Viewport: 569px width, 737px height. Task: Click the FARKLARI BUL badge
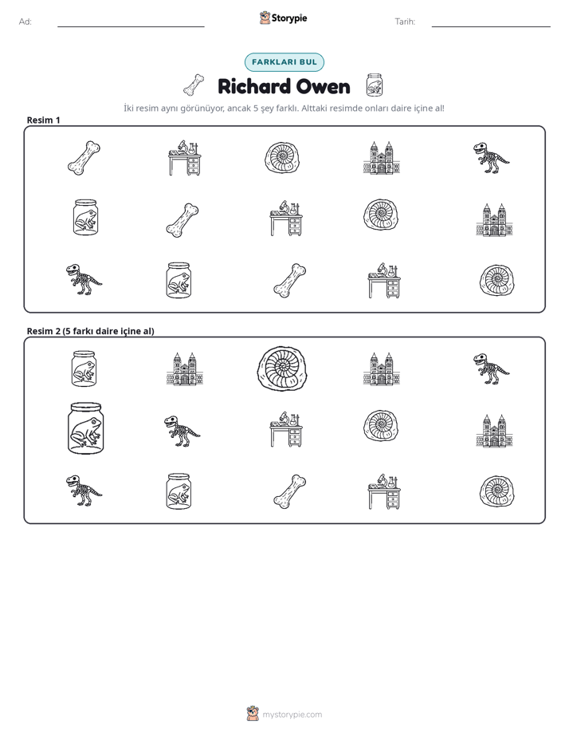click(x=284, y=62)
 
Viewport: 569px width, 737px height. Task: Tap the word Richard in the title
click(x=254, y=87)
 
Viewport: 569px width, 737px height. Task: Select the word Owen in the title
click(x=324, y=87)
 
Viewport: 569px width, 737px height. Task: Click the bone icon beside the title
click(x=194, y=85)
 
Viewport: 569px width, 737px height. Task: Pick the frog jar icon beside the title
click(x=375, y=85)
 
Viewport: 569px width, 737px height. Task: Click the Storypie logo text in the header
click(x=289, y=18)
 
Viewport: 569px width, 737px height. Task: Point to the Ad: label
click(x=26, y=22)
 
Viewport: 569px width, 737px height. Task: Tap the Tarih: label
click(x=405, y=22)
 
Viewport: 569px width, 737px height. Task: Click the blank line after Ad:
click(x=131, y=27)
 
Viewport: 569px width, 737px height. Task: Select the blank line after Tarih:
click(x=491, y=27)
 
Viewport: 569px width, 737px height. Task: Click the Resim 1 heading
click(x=43, y=120)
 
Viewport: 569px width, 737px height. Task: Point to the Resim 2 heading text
click(x=90, y=331)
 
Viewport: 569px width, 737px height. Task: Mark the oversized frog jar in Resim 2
click(x=85, y=428)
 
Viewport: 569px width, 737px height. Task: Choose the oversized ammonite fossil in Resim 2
click(x=281, y=368)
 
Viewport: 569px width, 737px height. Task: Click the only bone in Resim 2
click(x=289, y=491)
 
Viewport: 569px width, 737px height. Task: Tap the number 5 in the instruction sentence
click(x=256, y=108)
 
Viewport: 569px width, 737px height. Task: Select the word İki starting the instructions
click(x=128, y=108)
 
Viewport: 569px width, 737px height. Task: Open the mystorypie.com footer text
click(x=292, y=715)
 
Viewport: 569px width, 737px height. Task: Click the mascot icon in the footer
click(x=253, y=714)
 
